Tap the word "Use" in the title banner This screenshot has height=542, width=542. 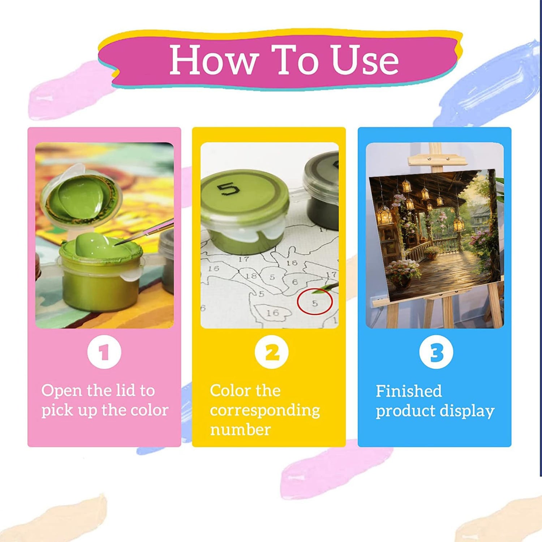coord(365,60)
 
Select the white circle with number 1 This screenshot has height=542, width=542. coord(104,352)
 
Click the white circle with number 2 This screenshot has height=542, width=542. coord(271,352)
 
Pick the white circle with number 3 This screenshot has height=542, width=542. coord(436,352)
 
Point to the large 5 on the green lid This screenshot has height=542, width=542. coord(228,188)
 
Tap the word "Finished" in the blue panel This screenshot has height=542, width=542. coord(409,391)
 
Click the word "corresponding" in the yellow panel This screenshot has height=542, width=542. coord(265,410)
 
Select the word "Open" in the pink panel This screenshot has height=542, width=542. coord(61,391)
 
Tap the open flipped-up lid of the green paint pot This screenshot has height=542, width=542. coord(82,195)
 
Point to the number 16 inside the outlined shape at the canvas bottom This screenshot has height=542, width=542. coord(272,312)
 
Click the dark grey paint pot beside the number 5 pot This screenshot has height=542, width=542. coord(322,190)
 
